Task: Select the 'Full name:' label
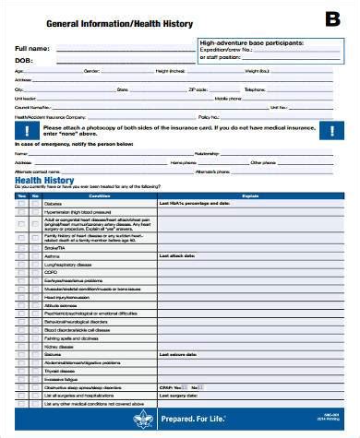[34, 47]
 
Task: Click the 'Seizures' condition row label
[54, 353]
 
